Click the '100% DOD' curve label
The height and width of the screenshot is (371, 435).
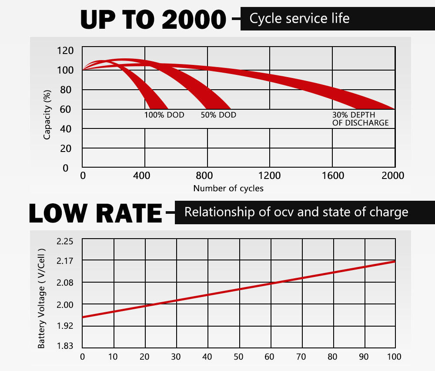(164, 115)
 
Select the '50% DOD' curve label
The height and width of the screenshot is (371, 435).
(218, 115)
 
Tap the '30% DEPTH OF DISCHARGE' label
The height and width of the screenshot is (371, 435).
(360, 119)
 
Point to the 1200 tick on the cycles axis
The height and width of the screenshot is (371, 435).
(270, 175)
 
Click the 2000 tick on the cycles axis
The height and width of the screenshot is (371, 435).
(393, 175)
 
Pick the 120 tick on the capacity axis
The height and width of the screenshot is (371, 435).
(66, 51)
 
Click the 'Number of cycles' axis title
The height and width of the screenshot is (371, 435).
(228, 189)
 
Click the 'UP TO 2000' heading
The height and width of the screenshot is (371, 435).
(153, 19)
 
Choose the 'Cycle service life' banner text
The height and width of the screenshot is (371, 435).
(299, 19)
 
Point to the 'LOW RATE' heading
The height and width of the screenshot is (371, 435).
(95, 213)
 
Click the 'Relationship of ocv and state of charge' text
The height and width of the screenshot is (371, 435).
(296, 212)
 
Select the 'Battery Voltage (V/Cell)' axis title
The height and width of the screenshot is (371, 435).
(42, 299)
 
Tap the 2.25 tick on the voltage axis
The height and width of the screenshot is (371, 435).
(65, 242)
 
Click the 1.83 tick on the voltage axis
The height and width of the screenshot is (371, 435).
(65, 346)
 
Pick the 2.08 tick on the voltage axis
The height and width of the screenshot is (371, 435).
(65, 283)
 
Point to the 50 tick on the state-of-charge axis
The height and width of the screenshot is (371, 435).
(238, 357)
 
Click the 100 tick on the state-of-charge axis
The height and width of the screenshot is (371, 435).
(394, 357)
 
